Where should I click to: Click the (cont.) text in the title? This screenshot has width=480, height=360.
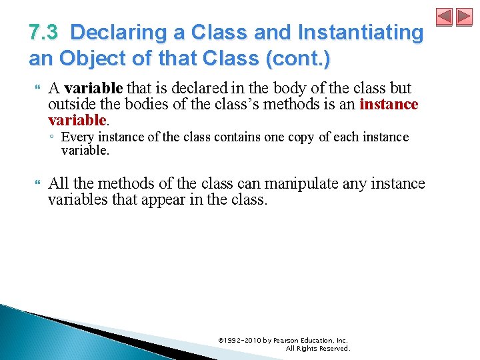pyautogui.click(x=297, y=59)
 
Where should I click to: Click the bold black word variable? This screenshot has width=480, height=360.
pyautogui.click(x=94, y=89)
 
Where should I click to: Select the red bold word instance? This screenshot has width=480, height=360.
pyautogui.click(x=389, y=105)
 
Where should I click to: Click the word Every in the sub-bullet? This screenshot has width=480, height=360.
pyautogui.click(x=76, y=137)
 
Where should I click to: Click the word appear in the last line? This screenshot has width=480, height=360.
pyautogui.click(x=179, y=199)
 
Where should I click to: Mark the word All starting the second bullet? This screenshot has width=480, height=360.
pyautogui.click(x=59, y=183)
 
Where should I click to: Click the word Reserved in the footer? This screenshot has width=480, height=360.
pyautogui.click(x=334, y=348)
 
